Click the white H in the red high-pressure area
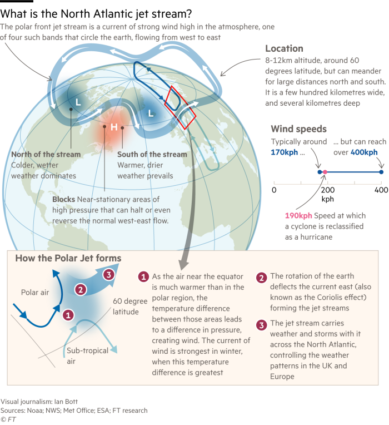coord(114,127)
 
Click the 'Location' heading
coord(284,48)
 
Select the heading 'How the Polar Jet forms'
coord(68,258)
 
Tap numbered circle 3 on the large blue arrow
coord(109,274)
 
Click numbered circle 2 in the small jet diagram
coord(80,289)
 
